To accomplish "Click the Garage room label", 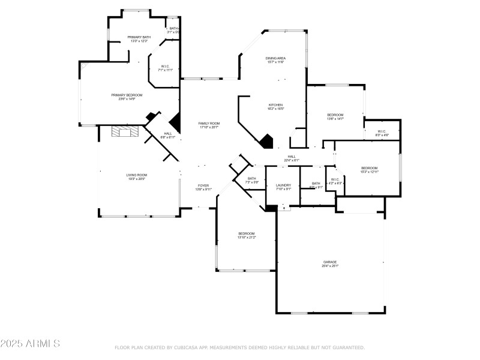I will point(330,263).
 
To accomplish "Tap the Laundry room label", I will point(283,186).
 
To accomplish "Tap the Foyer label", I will point(203,187).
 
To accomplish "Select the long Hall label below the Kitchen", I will point(291,158).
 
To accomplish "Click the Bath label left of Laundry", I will point(251,179).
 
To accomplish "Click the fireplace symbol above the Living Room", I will point(125,132).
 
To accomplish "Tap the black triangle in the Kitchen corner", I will point(266,141).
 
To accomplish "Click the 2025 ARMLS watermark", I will point(30,344).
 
